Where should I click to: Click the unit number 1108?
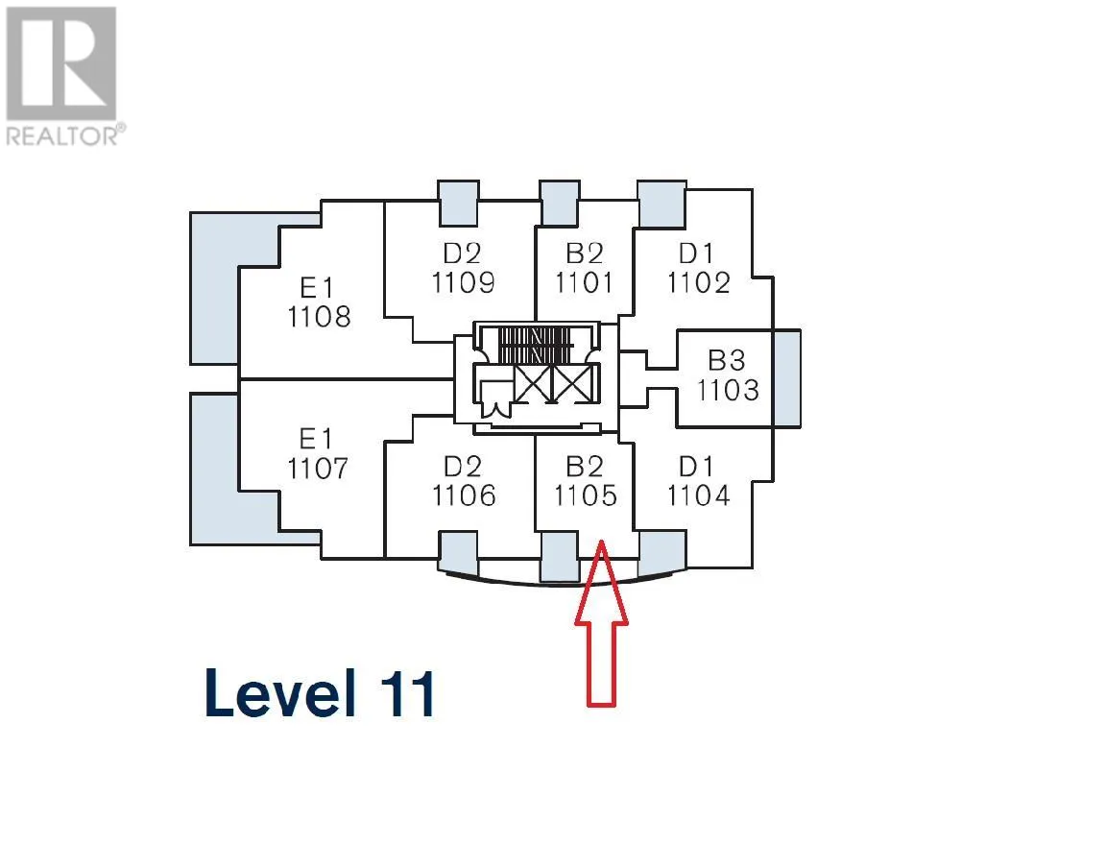pos(319,317)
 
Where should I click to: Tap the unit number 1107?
pos(319,469)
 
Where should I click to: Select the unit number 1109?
pos(463,282)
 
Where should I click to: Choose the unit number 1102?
pos(699,282)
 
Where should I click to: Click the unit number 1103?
pos(728,391)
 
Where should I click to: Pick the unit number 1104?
pos(698,495)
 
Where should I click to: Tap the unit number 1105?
pos(584,495)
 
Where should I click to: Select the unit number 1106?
pos(464,495)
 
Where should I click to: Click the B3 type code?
pos(727,360)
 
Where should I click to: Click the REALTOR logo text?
pos(63,135)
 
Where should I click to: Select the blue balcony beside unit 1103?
pos(786,378)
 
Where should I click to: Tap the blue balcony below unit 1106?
pos(457,552)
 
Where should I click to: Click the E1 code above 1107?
pos(315,439)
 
